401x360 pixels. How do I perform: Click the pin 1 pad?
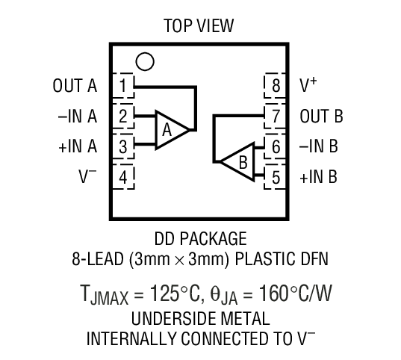coord(124,85)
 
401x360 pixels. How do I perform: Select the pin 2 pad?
coord(124,116)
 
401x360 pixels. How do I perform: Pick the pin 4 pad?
coord(124,177)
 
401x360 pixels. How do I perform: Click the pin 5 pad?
coord(276,177)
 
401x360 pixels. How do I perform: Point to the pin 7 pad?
coord(276,116)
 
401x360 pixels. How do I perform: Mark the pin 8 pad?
coord(276,85)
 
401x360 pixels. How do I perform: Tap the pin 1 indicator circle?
coord(146,60)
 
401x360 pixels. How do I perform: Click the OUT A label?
coord(75,85)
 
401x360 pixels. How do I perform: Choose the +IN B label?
coord(319,177)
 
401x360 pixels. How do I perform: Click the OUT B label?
coord(321,116)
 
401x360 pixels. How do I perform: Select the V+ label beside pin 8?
coord(308,84)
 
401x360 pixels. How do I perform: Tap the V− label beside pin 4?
coord(87,177)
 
